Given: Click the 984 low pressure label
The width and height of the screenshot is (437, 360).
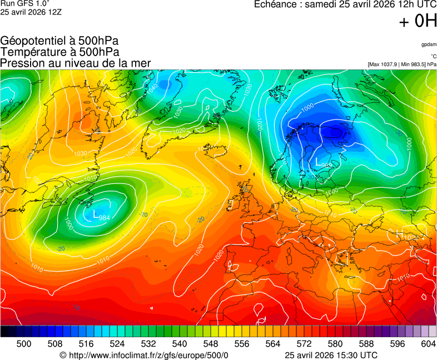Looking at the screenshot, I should point(103,218).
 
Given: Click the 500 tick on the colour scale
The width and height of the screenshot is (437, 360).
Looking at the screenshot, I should point(24,344).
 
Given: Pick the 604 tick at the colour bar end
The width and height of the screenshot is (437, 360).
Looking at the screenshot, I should point(428,344).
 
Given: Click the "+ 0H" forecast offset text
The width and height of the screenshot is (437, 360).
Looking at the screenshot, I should point(418,22).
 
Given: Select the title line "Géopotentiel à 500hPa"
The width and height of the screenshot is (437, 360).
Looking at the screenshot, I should point(59,41).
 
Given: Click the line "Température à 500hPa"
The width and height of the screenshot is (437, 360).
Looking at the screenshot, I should point(59,52).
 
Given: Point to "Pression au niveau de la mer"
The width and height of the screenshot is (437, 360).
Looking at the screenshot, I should point(76,63).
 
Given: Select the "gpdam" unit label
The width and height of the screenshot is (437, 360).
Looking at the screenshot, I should point(429,44).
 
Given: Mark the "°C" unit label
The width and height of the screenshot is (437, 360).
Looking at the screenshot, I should point(433,56).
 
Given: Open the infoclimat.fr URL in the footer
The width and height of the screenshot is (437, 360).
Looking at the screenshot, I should point(144,355).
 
